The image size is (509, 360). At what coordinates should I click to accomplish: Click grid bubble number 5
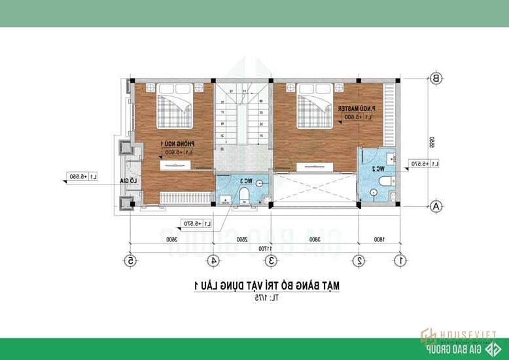(131, 260)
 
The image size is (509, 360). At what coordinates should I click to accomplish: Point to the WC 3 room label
(245, 181)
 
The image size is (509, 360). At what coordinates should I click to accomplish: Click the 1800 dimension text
(379, 240)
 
